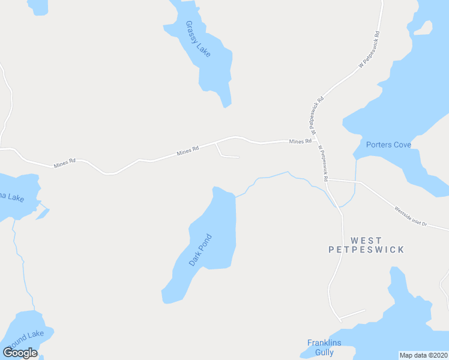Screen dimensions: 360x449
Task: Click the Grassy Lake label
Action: click(197, 39)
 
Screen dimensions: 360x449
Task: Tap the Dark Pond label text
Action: click(201, 250)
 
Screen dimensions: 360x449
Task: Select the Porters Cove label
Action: click(388, 145)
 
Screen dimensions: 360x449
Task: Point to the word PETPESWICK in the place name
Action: click(366, 249)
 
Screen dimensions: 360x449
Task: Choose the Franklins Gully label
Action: click(324, 347)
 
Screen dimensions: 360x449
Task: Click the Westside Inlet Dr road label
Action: click(410, 216)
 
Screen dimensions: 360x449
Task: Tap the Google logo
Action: click(20, 353)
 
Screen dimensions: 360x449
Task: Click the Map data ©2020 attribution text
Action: click(423, 355)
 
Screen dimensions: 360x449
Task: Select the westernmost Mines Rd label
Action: click(64, 163)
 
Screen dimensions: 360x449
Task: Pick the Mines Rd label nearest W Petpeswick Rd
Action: click(300, 142)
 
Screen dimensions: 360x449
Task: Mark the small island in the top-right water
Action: click(424, 28)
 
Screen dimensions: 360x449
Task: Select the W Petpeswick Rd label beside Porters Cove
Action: click(323, 163)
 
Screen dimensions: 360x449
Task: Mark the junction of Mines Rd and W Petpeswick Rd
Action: click(314, 142)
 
